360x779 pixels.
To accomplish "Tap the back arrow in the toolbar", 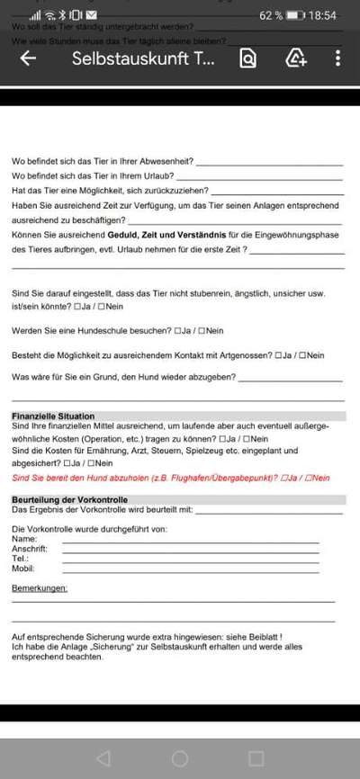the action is pos(28,58).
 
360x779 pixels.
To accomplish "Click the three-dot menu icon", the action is pos(337,58).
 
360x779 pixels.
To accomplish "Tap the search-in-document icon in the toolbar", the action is pos(247,58).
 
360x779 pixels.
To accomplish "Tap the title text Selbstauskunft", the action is pos(143,58).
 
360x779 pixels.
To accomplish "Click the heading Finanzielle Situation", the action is pos(53,416).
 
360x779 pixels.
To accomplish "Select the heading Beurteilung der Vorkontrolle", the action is pos(69,499).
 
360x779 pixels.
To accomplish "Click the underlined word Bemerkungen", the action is pos(40,587).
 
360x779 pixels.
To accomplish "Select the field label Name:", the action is pos(24,539).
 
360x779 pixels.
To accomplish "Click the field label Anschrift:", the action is pos(30,549).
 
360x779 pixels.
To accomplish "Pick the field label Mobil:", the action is pos(23,569).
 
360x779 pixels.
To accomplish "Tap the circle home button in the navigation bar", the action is pos(180,757).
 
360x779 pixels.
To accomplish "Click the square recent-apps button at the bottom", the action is pos(256,757).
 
